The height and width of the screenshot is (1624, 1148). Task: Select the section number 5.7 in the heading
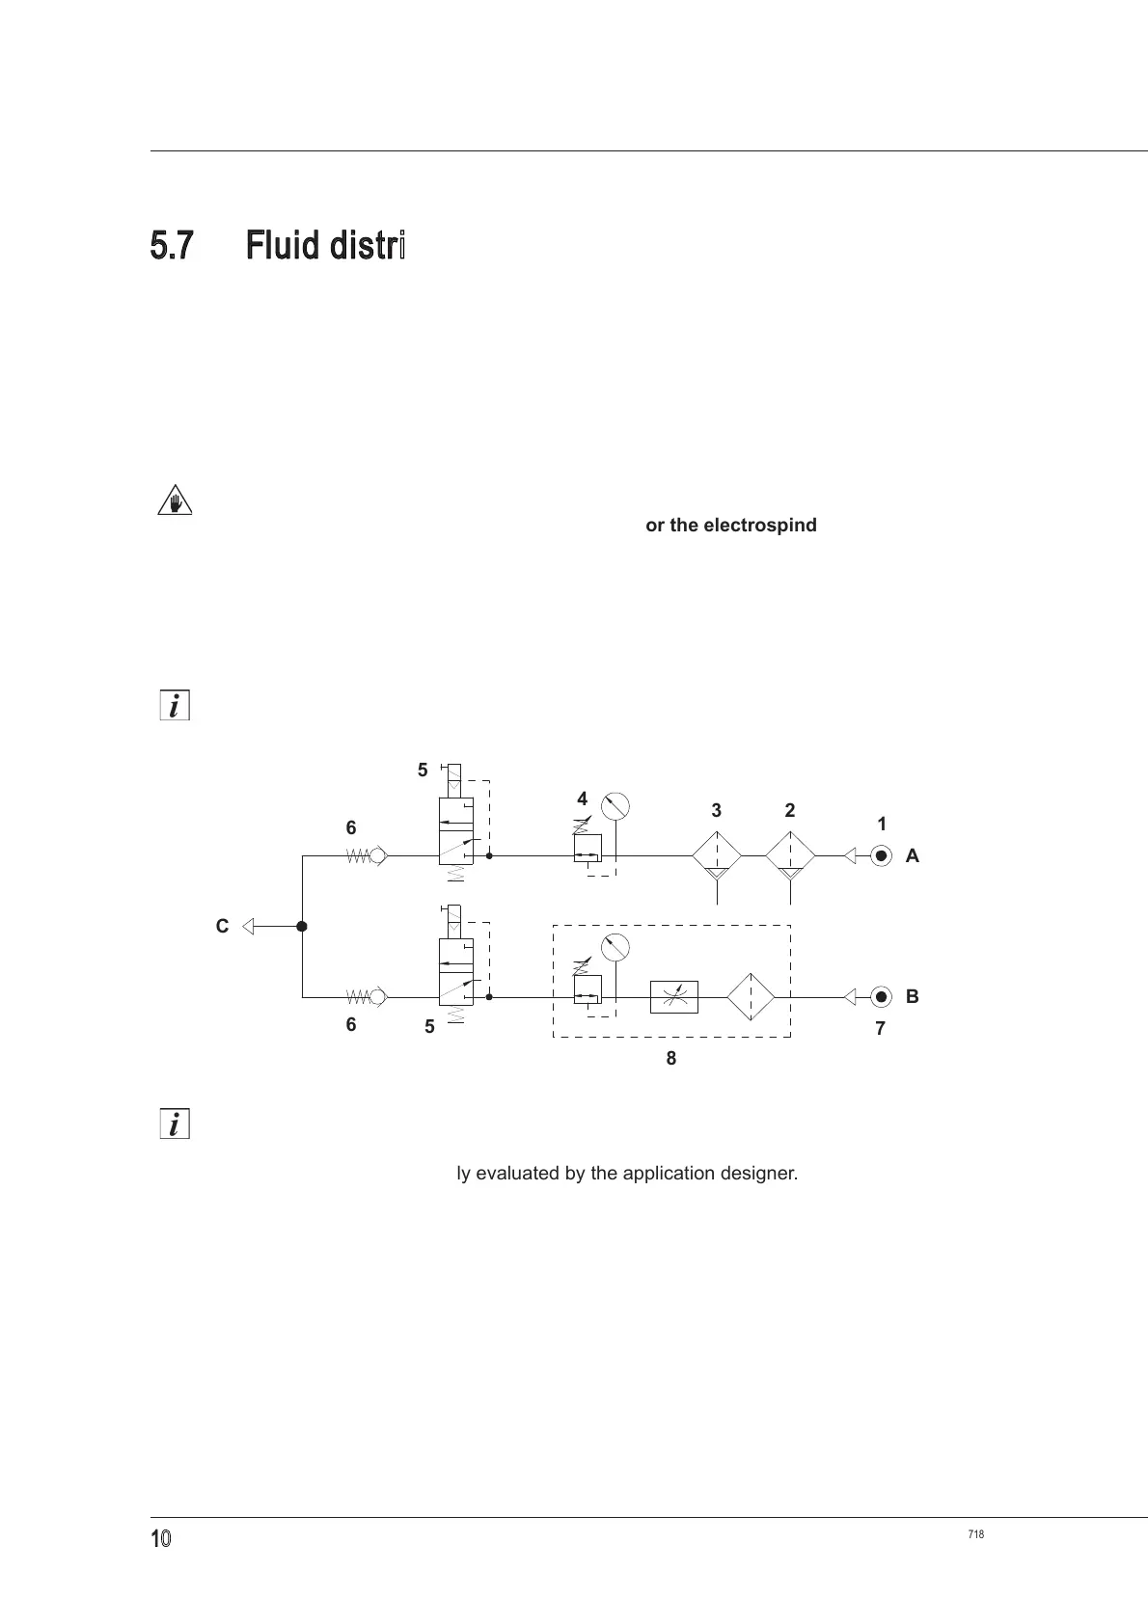pos(172,245)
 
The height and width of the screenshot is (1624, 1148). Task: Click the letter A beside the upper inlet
pos(912,855)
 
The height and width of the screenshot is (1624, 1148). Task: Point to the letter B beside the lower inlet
pos(912,996)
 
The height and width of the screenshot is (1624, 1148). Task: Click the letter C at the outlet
pos(222,927)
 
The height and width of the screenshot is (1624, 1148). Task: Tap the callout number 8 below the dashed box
pos(670,1058)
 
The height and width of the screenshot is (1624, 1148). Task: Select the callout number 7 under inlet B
pos(880,1029)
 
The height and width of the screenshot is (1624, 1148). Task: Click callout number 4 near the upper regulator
pos(582,798)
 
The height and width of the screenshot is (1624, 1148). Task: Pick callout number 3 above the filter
pos(716,811)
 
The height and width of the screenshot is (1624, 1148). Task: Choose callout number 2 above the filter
pos(790,811)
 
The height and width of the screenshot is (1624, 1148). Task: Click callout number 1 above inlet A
pos(882,825)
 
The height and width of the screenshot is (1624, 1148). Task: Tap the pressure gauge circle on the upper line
pos(615,805)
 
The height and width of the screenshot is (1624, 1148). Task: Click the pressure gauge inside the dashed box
pos(615,947)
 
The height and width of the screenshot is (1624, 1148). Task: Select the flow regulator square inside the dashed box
pos(673,996)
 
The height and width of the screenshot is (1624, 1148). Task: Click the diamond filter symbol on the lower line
pos(751,996)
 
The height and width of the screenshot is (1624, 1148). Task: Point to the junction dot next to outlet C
pos(302,927)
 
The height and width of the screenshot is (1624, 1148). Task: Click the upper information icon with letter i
pos(174,706)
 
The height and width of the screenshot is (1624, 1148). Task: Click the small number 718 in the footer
pos(975,1534)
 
